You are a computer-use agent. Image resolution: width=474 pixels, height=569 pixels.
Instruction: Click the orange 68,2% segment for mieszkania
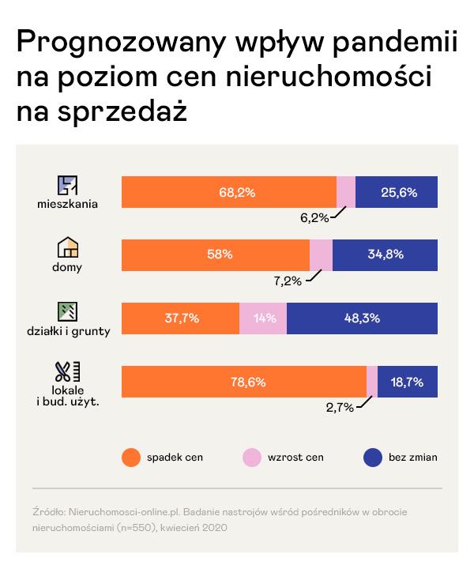(229, 192)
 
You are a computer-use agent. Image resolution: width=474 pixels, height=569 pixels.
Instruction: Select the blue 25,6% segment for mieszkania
(397, 192)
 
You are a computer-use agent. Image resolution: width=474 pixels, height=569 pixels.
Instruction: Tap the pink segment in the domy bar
(321, 254)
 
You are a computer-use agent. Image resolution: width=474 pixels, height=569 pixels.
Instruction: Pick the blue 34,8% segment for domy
(386, 254)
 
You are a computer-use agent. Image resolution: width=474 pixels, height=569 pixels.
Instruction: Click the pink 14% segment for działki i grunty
(263, 318)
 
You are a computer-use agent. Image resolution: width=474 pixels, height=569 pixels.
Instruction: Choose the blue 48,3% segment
(362, 318)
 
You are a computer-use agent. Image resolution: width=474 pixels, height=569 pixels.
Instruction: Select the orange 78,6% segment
(244, 382)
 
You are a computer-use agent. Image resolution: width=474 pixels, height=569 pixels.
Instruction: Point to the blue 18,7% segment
(408, 382)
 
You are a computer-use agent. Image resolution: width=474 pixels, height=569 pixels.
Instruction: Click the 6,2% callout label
(314, 217)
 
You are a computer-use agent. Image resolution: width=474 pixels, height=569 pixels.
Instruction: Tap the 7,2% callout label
(288, 281)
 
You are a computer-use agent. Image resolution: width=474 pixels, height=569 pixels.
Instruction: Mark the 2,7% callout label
(340, 408)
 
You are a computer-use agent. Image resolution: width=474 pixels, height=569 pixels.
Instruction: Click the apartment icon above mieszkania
(67, 185)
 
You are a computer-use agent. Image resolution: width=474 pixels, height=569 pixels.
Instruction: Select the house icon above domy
(67, 247)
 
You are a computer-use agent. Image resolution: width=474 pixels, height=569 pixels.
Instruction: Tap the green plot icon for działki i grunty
(67, 311)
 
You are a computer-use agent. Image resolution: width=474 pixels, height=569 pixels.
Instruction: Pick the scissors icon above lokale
(67, 371)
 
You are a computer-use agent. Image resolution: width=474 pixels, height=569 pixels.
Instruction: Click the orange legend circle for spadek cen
(131, 457)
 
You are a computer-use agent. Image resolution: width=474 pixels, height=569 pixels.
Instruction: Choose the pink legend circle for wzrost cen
(251, 457)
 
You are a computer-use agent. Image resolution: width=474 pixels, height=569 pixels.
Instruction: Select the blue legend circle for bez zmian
(373, 457)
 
